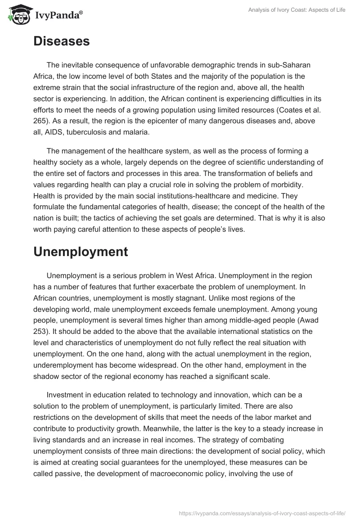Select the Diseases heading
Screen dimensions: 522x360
click(61, 41)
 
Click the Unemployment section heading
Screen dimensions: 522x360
click(81, 252)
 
